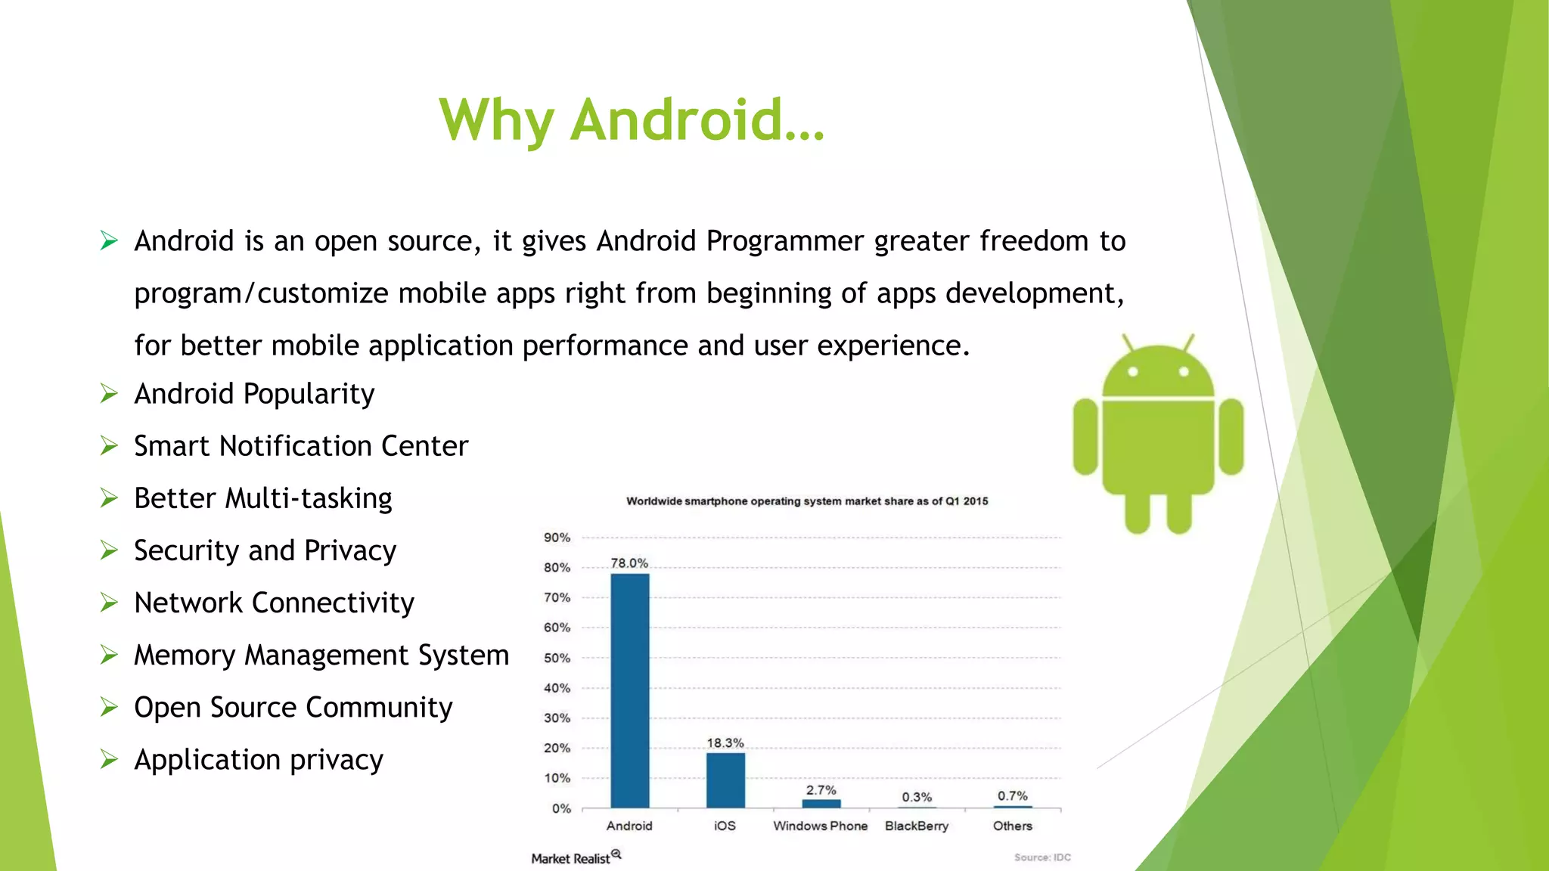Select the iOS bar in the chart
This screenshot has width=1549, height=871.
coord(725,780)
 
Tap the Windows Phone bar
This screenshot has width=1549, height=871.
coord(821,804)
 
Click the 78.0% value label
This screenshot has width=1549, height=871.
coord(629,563)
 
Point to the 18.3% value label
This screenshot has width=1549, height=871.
coord(725,743)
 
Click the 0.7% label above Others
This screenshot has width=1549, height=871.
coord(1012,796)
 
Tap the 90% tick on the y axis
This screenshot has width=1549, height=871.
coord(557,538)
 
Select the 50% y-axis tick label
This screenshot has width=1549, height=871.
coord(557,658)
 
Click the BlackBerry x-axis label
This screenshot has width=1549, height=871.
coord(917,826)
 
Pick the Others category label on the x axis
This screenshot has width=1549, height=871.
coord(1012,826)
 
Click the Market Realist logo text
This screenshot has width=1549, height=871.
coord(571,858)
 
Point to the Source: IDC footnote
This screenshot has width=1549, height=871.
coord(1042,857)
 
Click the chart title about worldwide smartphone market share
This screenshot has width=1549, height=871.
coord(807,501)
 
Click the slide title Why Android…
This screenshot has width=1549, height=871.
coord(632,120)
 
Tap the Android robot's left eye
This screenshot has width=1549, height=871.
coord(1133,371)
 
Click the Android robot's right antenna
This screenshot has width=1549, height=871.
coord(1188,343)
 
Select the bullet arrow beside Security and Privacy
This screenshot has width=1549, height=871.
coord(110,550)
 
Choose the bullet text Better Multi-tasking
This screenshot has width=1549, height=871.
coord(263,499)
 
